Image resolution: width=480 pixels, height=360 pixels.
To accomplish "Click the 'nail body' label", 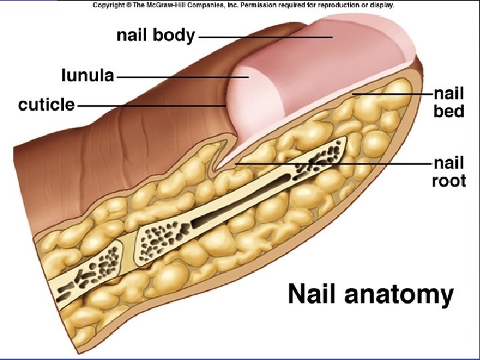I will (x=155, y=35).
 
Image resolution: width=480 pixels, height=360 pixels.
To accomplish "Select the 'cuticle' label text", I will (x=46, y=105).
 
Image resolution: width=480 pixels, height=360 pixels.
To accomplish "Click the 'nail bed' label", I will (x=449, y=103).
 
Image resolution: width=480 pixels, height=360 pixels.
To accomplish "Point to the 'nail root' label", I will (x=449, y=171).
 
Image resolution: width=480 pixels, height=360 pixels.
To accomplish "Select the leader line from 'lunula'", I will (x=183, y=77).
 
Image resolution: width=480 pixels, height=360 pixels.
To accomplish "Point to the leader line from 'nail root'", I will (x=333, y=163).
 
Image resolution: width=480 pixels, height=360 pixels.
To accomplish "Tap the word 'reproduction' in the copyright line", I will (x=332, y=5).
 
